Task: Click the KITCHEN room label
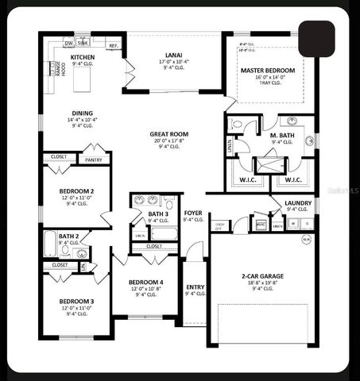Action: pos(83,58)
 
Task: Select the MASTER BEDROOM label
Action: pos(268,71)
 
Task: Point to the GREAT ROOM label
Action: pos(168,135)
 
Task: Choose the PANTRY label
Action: pos(93,160)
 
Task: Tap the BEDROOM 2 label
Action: pos(77,191)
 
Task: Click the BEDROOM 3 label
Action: pos(77,301)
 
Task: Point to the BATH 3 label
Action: pos(158,214)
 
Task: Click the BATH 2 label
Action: pos(68,236)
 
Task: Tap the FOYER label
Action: pos(193,214)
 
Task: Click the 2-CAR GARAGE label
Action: pos(264,276)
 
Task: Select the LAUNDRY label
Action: pos(298,203)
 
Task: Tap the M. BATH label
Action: pos(284,137)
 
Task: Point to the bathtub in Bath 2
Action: pos(51,244)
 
